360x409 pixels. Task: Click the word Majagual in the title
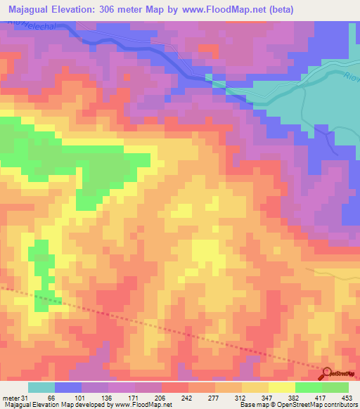pyautogui.click(x=34, y=10)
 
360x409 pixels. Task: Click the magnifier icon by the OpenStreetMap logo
pyautogui.click(x=327, y=373)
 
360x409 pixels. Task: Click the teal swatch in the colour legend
pyautogui.click(x=41, y=387)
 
